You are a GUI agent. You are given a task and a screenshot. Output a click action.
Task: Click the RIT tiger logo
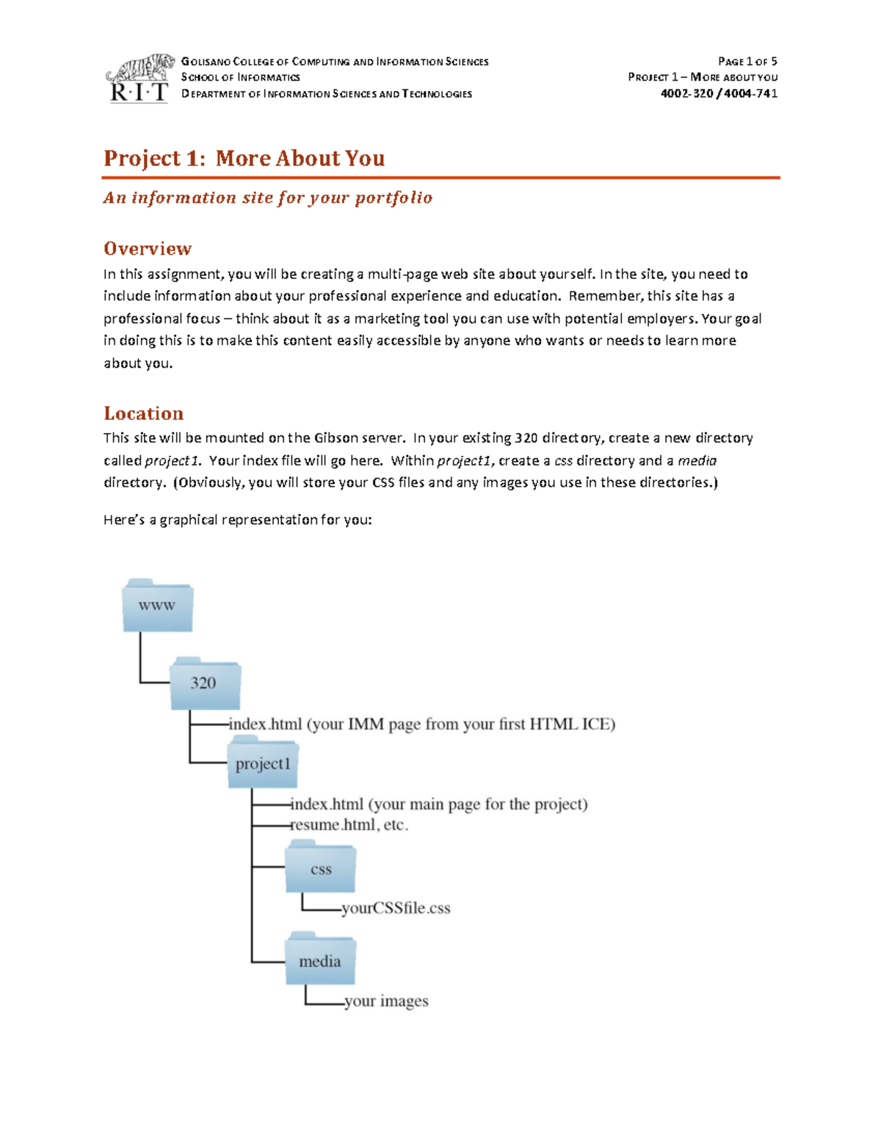[x=139, y=78]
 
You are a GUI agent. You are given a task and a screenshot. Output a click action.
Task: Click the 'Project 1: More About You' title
[x=244, y=158]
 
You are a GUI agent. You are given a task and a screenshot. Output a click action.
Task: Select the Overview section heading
[x=148, y=248]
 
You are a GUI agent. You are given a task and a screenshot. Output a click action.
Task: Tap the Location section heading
[x=143, y=413]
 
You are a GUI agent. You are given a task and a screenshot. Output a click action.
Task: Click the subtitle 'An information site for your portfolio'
[x=267, y=197]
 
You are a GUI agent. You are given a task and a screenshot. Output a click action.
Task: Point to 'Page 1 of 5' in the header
[x=747, y=62]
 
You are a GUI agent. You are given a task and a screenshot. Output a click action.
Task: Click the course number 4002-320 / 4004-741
[x=718, y=93]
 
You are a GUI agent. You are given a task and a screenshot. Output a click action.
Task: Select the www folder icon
[x=158, y=606]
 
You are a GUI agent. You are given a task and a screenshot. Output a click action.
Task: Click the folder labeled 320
[x=205, y=683]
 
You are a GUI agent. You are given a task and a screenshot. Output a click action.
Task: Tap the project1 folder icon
[x=262, y=763]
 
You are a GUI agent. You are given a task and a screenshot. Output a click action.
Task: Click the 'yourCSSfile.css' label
[x=396, y=908]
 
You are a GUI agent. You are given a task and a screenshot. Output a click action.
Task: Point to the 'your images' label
[x=386, y=1001]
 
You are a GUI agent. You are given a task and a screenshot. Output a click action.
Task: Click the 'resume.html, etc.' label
[x=349, y=824]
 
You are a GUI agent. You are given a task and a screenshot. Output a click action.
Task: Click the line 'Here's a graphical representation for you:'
[x=237, y=520]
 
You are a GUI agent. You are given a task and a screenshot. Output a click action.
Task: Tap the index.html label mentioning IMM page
[x=422, y=724]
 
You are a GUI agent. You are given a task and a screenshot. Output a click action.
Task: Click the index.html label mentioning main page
[x=439, y=804]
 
